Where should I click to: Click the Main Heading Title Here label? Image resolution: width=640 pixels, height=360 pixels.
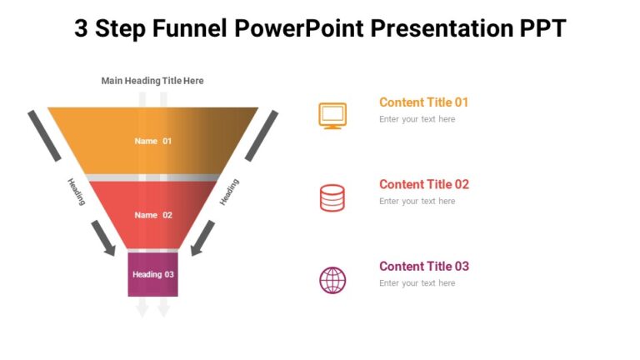(152, 81)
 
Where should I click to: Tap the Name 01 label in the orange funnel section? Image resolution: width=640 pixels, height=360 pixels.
(153, 141)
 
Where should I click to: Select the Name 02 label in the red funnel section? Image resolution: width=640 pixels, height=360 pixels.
(153, 215)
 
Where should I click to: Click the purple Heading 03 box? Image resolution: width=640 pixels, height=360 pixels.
(152, 274)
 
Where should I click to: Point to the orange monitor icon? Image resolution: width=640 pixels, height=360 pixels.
(332, 115)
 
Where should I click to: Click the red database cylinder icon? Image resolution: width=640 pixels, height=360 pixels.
(332, 197)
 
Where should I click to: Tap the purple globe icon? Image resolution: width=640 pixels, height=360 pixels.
(332, 280)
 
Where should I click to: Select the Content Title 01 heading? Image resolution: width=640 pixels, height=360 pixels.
(423, 102)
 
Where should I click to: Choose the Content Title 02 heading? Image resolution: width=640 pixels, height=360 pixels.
(423, 184)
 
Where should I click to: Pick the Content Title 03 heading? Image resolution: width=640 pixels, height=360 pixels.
(423, 267)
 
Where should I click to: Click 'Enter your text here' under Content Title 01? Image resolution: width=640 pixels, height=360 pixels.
(417, 119)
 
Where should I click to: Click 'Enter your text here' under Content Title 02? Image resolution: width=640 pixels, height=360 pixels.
(417, 201)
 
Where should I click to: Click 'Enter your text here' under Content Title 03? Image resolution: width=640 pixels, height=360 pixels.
(417, 283)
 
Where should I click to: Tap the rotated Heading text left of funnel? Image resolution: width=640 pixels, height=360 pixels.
(76, 191)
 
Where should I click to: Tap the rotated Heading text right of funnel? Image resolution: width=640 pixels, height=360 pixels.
(229, 192)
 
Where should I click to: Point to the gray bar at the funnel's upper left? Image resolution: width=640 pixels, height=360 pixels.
(45, 135)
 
